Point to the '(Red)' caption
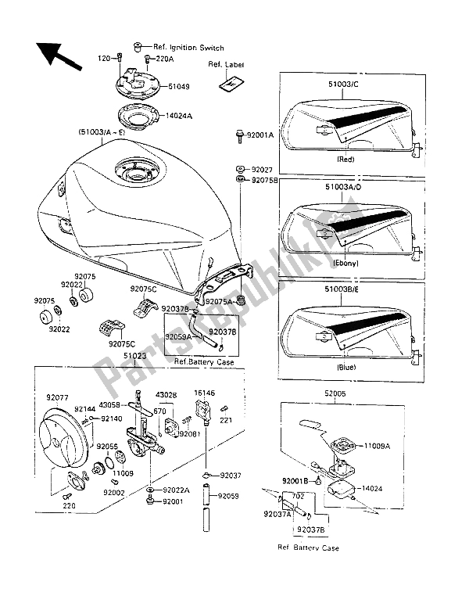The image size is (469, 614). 345,160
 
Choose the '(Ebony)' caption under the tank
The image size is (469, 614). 345,264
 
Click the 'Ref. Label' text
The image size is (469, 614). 224,65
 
